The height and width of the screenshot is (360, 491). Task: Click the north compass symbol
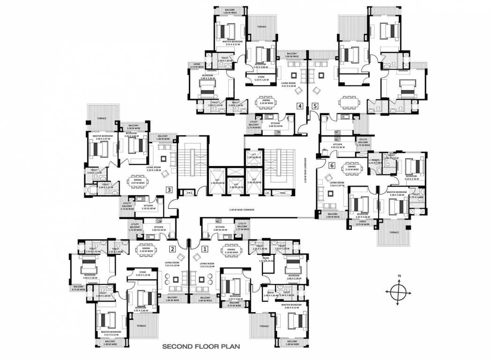point(397,292)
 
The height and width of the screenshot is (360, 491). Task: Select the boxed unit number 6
point(332,165)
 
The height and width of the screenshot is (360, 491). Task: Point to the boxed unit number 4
point(299,106)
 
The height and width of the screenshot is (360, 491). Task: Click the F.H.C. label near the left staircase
point(190,193)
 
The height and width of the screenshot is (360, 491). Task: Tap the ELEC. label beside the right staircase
point(283,193)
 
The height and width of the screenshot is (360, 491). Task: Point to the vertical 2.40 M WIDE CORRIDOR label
point(305,169)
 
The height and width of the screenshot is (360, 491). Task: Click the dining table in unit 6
point(351,168)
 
